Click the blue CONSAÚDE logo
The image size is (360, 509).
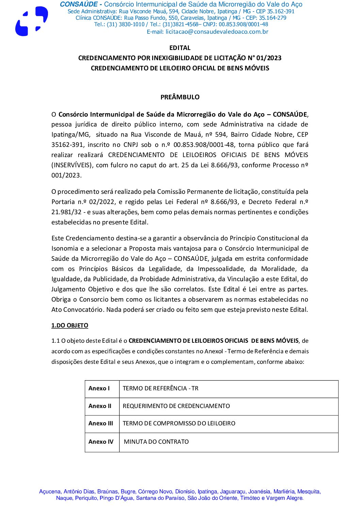tap(31, 21)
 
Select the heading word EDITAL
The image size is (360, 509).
tap(180, 48)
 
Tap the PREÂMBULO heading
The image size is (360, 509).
tap(180, 97)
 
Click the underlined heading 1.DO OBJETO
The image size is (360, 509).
tap(70, 325)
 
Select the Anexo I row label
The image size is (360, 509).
tap(99, 388)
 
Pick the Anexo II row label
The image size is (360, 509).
tap(100, 406)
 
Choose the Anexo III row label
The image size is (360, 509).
tap(101, 423)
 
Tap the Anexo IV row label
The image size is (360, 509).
tap(101, 442)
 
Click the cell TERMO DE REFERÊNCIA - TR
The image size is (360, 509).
tap(160, 388)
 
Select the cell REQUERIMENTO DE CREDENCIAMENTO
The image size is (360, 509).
tap(176, 406)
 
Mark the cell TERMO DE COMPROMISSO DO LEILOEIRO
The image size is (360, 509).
tap(179, 423)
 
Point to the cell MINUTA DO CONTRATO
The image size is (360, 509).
tap(156, 442)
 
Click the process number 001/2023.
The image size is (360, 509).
tap(66, 175)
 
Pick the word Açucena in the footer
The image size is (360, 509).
tap(50, 491)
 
